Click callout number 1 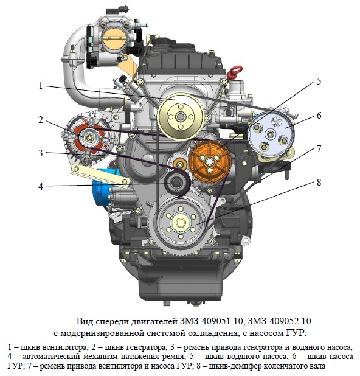[41, 86]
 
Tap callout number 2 [41, 120]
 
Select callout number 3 [41, 153]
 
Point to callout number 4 [41, 186]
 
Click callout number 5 [319, 82]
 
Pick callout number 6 [319, 116]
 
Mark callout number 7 [319, 149]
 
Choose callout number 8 [319, 183]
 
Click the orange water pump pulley [210, 162]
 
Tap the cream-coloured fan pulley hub [181, 117]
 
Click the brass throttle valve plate [113, 38]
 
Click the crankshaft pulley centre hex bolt [181, 223]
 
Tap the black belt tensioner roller [176, 183]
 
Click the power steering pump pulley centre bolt [271, 134]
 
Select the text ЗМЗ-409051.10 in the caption [210, 321]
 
